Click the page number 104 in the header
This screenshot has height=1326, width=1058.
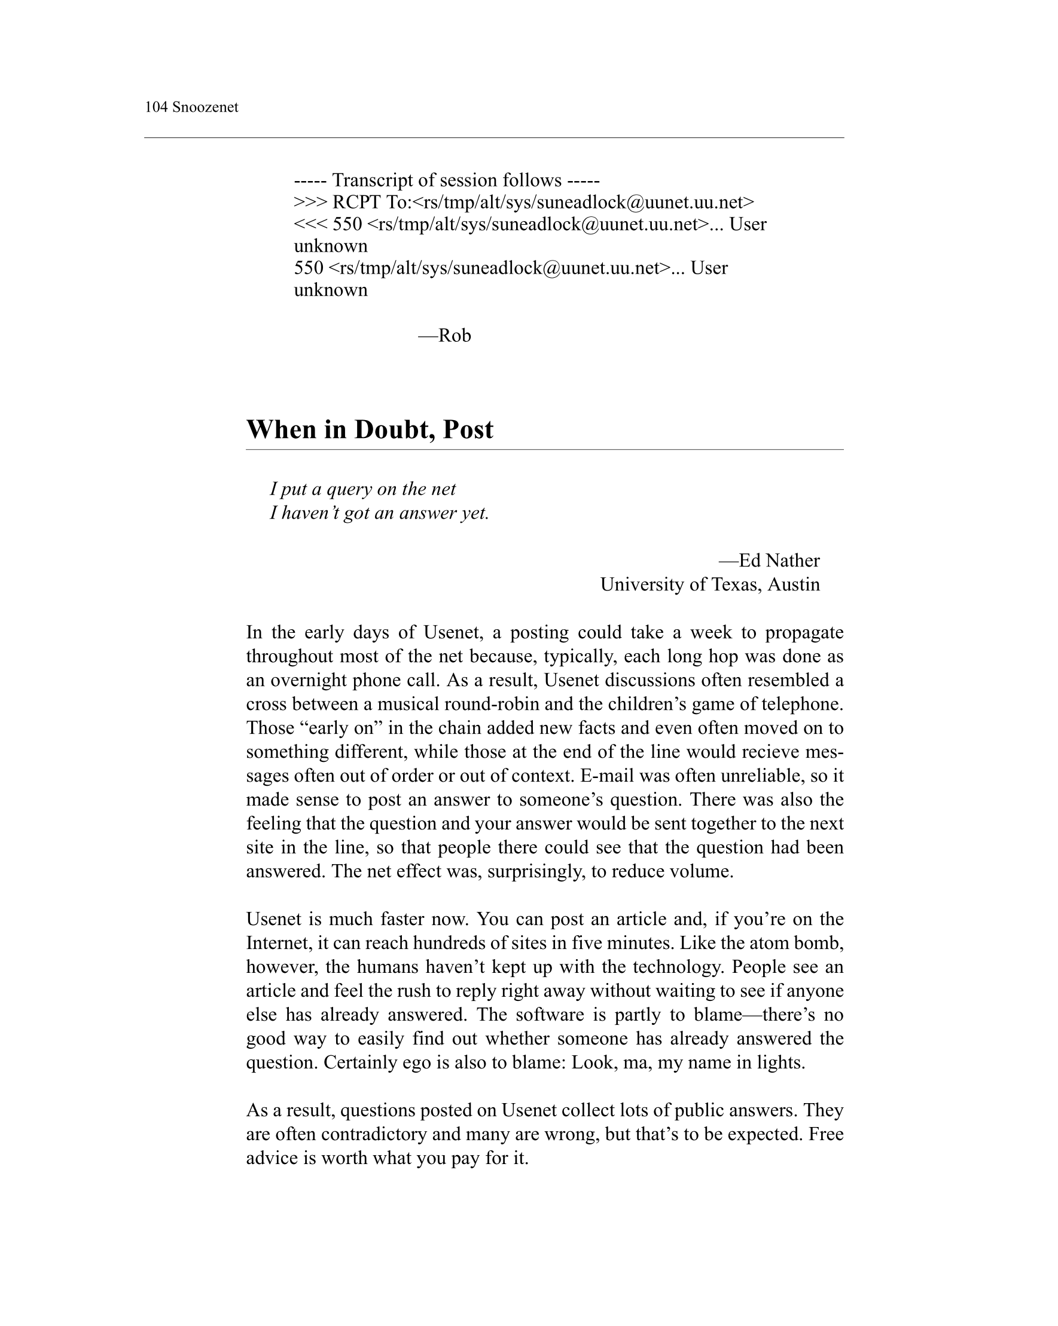coord(156,108)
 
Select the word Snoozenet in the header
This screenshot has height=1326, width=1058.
coord(205,108)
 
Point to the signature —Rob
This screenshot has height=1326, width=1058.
coord(444,335)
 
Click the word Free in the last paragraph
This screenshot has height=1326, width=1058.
coord(825,1134)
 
